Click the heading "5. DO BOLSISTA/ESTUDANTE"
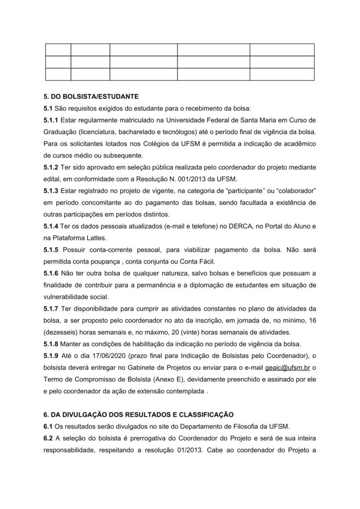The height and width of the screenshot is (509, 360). tap(91, 96)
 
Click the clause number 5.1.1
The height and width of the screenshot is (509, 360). tap(51, 120)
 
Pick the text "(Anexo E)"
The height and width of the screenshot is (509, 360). tap(153, 379)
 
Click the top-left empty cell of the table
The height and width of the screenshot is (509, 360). tap(58, 50)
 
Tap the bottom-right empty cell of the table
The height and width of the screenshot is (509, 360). tap(282, 74)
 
